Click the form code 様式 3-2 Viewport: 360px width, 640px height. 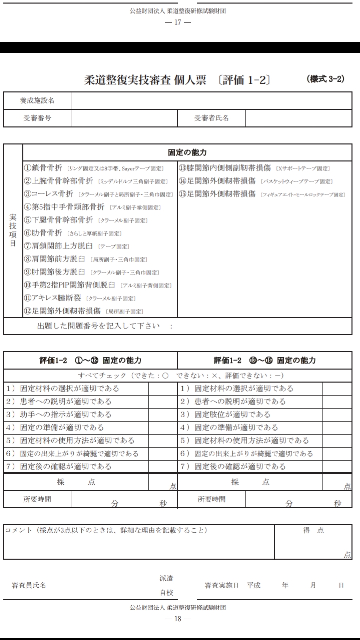(325, 79)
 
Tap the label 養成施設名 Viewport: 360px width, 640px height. (37, 101)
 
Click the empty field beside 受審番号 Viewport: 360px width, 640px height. (124, 118)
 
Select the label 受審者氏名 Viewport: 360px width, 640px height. (211, 118)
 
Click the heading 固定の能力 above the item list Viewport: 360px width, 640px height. (187, 152)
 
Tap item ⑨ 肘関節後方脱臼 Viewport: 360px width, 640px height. (55, 272)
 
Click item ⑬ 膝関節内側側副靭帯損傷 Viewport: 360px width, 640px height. (224, 168)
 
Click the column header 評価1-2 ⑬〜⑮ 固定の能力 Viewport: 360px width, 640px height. (265, 360)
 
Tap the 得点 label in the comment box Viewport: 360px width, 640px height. (313, 530)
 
